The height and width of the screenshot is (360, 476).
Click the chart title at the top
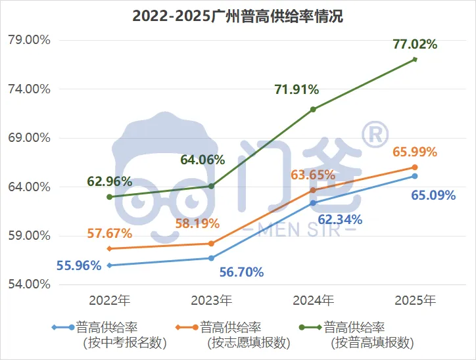coord(238,16)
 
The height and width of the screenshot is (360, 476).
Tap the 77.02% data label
coord(415,45)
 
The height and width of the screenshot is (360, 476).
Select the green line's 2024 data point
coord(313,109)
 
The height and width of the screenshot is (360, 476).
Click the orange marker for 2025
coord(415,168)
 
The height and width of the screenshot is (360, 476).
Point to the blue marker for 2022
coord(110,265)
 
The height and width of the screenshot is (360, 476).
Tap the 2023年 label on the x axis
coord(211,301)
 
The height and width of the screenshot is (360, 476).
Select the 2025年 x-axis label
coord(415,301)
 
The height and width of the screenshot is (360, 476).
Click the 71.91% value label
coord(297,89)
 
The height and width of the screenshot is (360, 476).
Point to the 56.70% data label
coord(241,272)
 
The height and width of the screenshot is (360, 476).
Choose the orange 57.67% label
coord(109,233)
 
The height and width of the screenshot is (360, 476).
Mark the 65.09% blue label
coord(433,195)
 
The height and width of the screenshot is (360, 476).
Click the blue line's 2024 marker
coord(313,203)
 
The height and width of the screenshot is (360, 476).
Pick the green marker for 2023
coord(211,186)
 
